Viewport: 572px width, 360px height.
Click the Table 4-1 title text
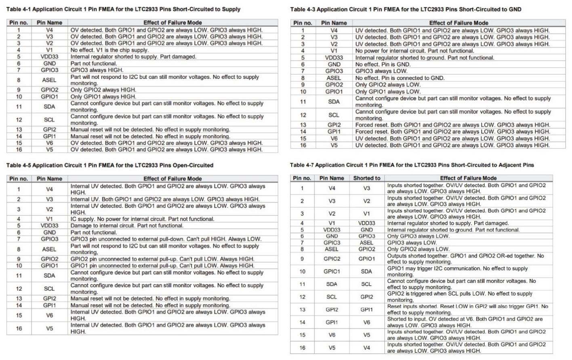[x=123, y=9]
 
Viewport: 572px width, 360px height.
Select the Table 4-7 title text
[x=412, y=165]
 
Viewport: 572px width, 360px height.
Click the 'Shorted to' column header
[x=366, y=178]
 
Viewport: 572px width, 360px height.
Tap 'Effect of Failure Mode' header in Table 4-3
[x=458, y=23]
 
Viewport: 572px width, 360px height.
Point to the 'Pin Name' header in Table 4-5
[x=49, y=179]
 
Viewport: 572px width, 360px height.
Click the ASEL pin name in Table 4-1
[x=49, y=80]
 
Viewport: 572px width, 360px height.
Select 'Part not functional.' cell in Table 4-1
[x=94, y=63]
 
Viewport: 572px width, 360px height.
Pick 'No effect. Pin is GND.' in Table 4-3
[x=383, y=64]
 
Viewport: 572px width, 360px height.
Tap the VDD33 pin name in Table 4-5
[x=49, y=225]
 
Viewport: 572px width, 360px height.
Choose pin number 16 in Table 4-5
[x=19, y=328]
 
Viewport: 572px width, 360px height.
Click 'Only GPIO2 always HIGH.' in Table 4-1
[x=103, y=90]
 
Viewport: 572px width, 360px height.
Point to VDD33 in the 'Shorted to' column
[x=366, y=223]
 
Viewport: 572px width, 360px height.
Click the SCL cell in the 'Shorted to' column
[x=366, y=284]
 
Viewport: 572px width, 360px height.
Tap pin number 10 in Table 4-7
[x=302, y=272]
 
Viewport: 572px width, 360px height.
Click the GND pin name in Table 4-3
[x=334, y=64]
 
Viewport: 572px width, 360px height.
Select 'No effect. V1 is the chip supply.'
[x=109, y=50]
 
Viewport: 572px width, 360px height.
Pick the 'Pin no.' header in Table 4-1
[x=19, y=23]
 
